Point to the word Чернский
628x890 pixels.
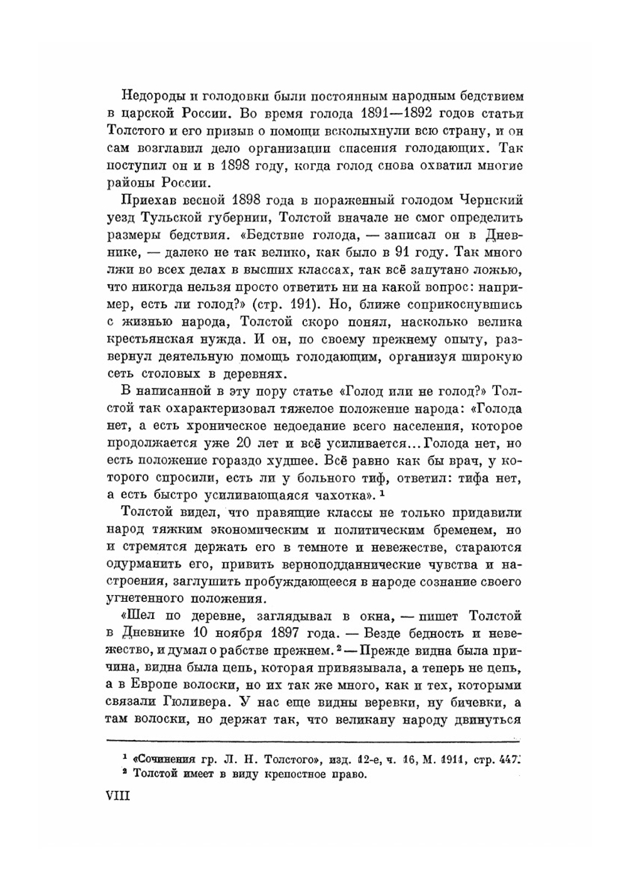point(490,201)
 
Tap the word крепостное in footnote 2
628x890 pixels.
point(295,775)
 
